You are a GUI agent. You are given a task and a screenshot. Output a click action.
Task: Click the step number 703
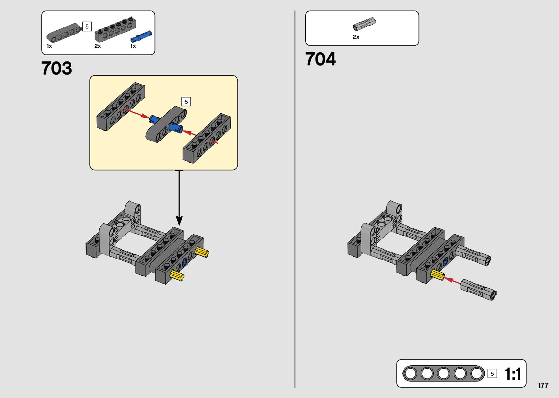(57, 68)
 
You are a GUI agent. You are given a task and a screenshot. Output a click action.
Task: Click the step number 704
(320, 59)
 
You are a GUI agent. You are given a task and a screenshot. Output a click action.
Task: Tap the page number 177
(543, 385)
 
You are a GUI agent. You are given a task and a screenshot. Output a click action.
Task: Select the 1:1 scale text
(513, 374)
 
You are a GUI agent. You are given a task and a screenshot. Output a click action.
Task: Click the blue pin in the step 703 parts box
(141, 36)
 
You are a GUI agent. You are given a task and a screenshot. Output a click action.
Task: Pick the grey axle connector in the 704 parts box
(364, 24)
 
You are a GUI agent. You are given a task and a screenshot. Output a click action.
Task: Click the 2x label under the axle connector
(356, 37)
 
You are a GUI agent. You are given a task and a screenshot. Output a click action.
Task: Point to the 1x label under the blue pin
(133, 46)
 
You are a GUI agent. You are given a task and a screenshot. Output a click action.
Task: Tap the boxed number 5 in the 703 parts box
(87, 27)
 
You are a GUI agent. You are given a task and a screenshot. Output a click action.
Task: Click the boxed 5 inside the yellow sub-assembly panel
(186, 102)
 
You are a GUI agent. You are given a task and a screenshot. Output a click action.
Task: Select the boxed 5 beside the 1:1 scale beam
(492, 374)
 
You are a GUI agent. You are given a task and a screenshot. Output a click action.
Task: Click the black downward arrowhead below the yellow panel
(179, 220)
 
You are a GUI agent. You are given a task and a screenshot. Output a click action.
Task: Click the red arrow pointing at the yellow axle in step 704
(452, 280)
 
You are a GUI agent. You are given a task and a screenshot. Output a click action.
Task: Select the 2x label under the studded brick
(97, 46)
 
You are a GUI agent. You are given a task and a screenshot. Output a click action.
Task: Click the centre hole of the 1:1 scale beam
(443, 374)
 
